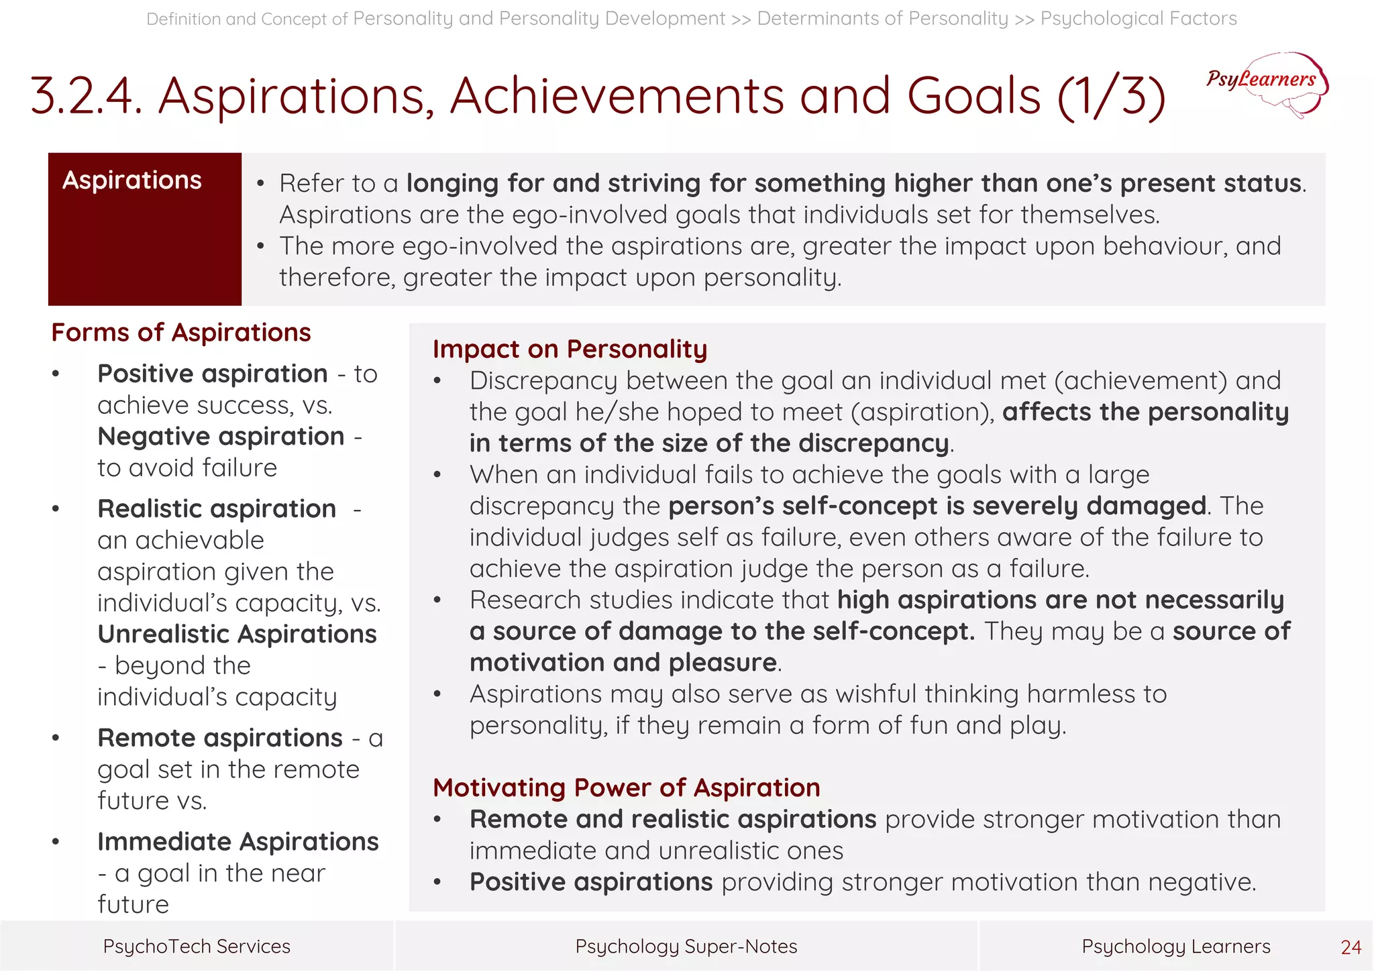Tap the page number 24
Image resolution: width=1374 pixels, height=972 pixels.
click(1351, 947)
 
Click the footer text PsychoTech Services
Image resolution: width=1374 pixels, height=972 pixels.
click(197, 946)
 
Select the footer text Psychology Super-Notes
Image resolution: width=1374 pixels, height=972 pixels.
click(686, 946)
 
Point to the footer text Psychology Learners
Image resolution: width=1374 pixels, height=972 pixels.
click(1175, 946)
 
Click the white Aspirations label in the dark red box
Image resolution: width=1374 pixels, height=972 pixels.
click(132, 180)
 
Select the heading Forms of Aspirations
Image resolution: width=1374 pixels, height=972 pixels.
click(181, 333)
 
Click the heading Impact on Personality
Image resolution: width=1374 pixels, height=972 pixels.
click(570, 349)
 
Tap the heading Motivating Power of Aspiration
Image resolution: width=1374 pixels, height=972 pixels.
click(626, 788)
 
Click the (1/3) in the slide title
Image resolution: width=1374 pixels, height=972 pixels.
click(1111, 96)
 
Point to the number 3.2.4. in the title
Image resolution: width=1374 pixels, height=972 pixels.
click(87, 96)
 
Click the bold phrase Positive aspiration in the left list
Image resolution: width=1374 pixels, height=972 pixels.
click(213, 374)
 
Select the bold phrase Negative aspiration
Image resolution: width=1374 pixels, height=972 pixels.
click(221, 437)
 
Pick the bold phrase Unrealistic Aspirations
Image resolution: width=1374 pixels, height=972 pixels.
click(237, 634)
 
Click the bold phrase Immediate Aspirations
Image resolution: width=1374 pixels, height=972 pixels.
click(238, 841)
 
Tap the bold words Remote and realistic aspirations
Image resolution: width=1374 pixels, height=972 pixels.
click(673, 819)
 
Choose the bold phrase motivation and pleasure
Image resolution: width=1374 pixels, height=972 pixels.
click(623, 663)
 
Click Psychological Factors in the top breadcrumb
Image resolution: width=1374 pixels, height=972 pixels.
click(1139, 18)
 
